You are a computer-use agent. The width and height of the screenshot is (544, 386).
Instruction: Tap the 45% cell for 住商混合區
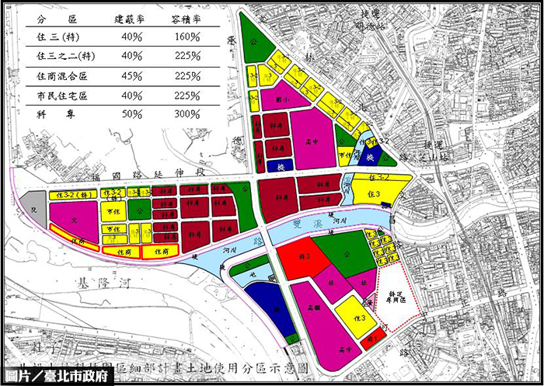point(131,75)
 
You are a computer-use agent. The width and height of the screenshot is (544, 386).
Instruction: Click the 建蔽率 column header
point(130,16)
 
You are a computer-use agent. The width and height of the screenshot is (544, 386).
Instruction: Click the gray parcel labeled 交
point(33,208)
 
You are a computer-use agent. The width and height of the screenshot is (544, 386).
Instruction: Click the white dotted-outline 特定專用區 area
point(400,291)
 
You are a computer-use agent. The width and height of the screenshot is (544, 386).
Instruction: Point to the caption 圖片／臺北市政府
point(58,376)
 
